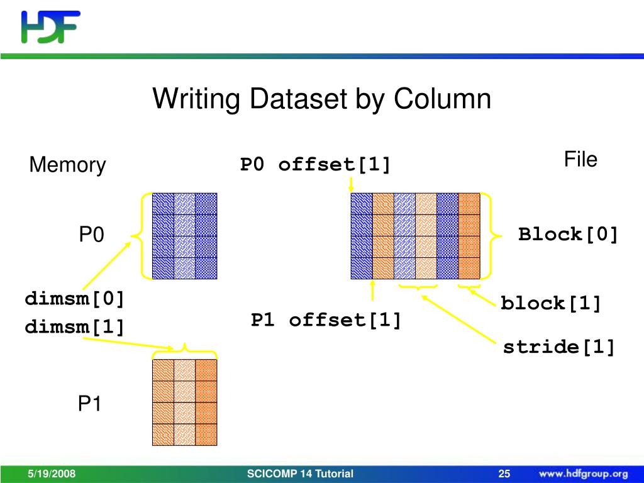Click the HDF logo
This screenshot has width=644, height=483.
[50, 26]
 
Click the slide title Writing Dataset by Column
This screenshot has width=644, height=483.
[321, 99]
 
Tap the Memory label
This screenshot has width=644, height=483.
[67, 165]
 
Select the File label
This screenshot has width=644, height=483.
[580, 160]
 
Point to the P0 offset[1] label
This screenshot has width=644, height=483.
[315, 165]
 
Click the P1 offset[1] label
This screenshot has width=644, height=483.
[326, 320]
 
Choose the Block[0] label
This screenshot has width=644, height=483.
[569, 235]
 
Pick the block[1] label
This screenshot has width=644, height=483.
[551, 304]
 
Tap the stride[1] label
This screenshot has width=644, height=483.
[558, 347]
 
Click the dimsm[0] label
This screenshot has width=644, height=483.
[75, 299]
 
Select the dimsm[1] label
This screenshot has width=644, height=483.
[75, 327]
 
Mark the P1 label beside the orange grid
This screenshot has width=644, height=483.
[89, 404]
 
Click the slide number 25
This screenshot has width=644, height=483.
[504, 474]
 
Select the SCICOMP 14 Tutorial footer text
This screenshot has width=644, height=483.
[301, 474]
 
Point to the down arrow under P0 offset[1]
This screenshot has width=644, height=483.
[351, 184]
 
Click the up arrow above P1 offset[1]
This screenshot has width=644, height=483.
[373, 291]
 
